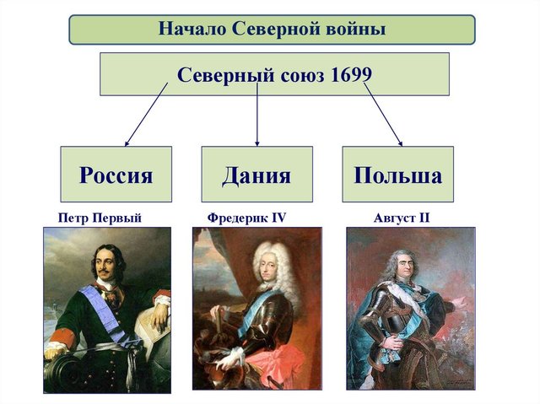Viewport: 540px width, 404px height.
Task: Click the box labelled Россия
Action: tap(116, 175)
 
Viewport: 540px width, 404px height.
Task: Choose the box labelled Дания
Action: tap(256, 175)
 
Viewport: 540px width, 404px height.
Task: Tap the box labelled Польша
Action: tap(397, 175)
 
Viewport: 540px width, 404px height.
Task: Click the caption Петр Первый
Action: tap(100, 218)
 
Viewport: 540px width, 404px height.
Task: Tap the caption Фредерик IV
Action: tap(246, 218)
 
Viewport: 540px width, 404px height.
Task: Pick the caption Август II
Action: tap(402, 218)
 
